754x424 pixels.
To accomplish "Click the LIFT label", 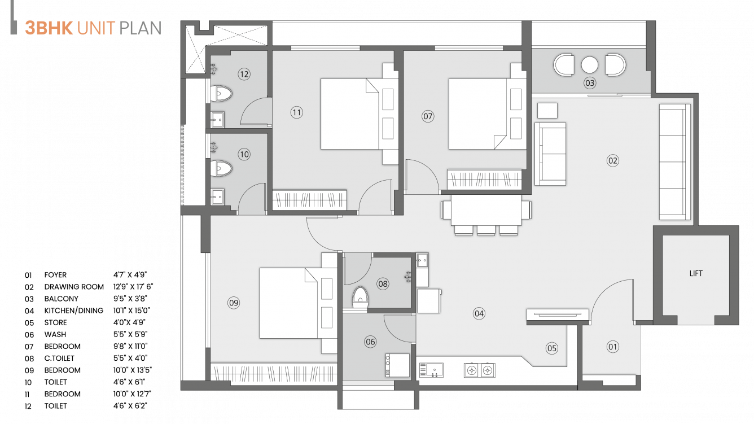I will pos(696,273).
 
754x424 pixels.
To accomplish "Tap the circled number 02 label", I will pos(613,161).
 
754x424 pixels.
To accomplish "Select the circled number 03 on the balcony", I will pos(590,84).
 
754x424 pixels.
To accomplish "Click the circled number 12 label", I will pos(244,74).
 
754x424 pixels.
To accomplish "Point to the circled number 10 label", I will pos(244,154).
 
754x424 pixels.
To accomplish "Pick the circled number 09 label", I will pos(234,303).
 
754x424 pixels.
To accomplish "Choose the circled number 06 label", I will pos(370,342).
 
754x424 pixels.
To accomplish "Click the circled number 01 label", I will pos(613,347).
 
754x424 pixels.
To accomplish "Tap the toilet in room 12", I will pos(221,94).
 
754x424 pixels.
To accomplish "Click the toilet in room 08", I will pos(360,298).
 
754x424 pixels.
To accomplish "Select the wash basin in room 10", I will pos(217,197).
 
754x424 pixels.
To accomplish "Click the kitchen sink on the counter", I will pos(431,370).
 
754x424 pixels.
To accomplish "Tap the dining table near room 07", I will pos(486,210).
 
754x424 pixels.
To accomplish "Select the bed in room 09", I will pos(290,303).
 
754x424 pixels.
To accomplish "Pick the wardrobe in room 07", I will pos(484,180).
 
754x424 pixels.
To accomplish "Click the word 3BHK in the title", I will pos(49,28).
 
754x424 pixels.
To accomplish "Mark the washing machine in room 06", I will pos(397,365).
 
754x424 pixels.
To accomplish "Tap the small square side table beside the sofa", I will pos(547,110).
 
